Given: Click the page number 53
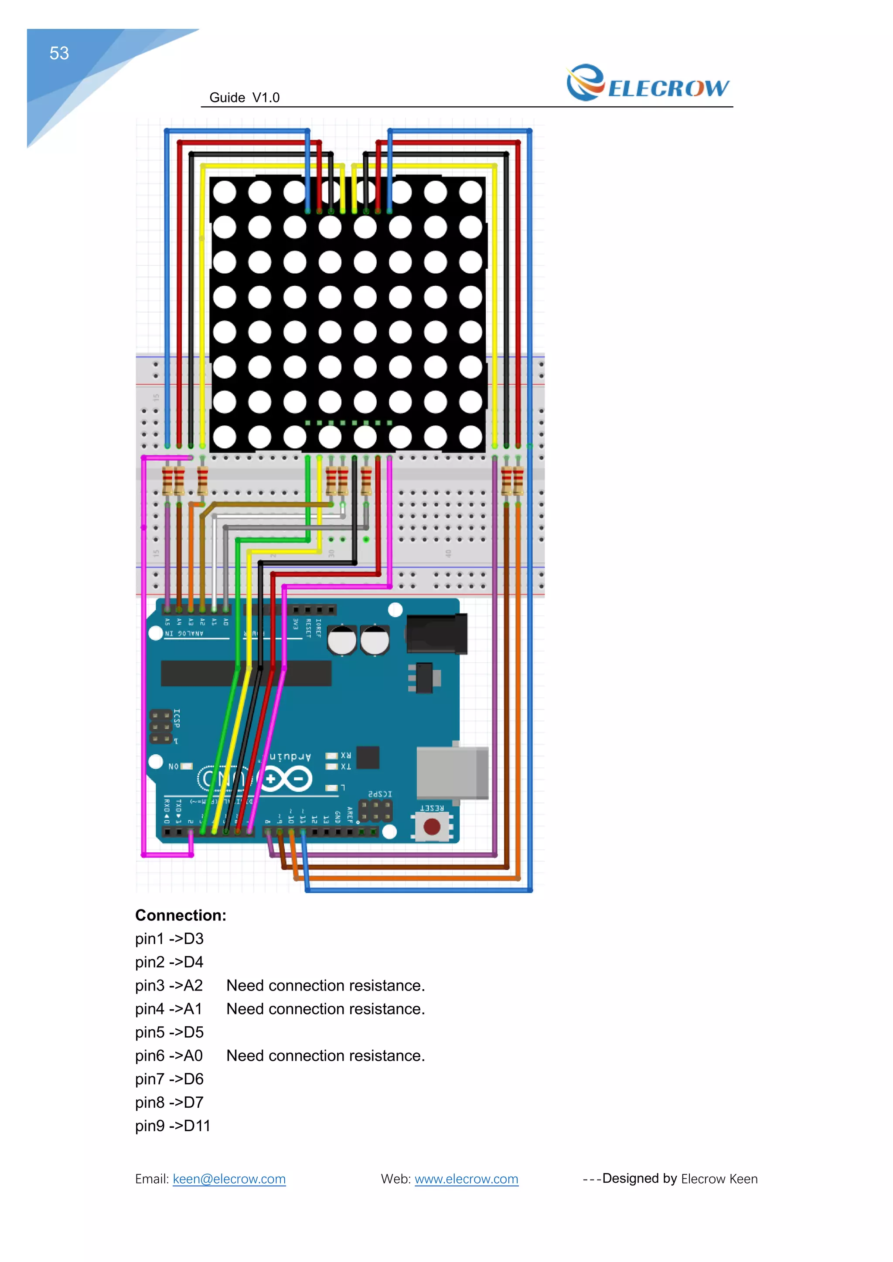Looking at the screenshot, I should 59,53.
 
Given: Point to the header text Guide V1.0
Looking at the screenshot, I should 244,98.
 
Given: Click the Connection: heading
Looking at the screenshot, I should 181,915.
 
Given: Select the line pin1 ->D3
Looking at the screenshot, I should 169,939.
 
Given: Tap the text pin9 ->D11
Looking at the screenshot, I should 173,1126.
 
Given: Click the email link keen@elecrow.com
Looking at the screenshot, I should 229,1179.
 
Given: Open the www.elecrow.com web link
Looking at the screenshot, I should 466,1179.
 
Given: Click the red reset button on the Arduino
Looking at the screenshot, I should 432,826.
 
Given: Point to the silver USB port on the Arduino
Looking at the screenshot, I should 452,772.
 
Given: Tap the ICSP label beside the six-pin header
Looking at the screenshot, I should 177,718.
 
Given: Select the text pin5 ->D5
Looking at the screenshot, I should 169,1032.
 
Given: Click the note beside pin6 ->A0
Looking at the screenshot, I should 326,1056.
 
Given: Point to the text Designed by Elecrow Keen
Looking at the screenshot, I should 680,1179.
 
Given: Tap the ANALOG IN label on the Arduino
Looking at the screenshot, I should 184,634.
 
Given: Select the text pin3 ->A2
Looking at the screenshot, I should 169,986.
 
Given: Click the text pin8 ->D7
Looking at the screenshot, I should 169,1103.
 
